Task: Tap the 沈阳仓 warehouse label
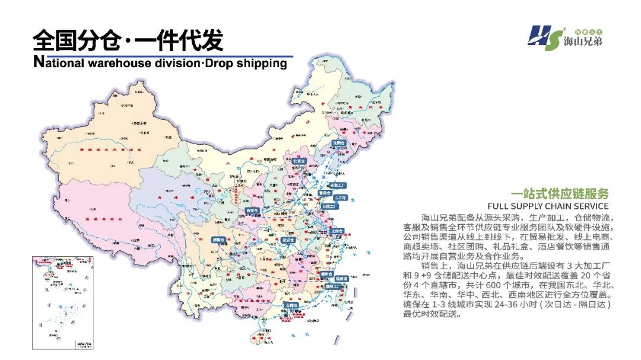click(338, 143)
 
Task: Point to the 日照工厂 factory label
click(330, 206)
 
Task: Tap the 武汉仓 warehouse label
click(288, 240)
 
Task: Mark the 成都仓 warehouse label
click(220, 240)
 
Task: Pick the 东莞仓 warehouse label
click(291, 304)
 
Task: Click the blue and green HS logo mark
click(544, 39)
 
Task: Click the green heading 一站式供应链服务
click(560, 194)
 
